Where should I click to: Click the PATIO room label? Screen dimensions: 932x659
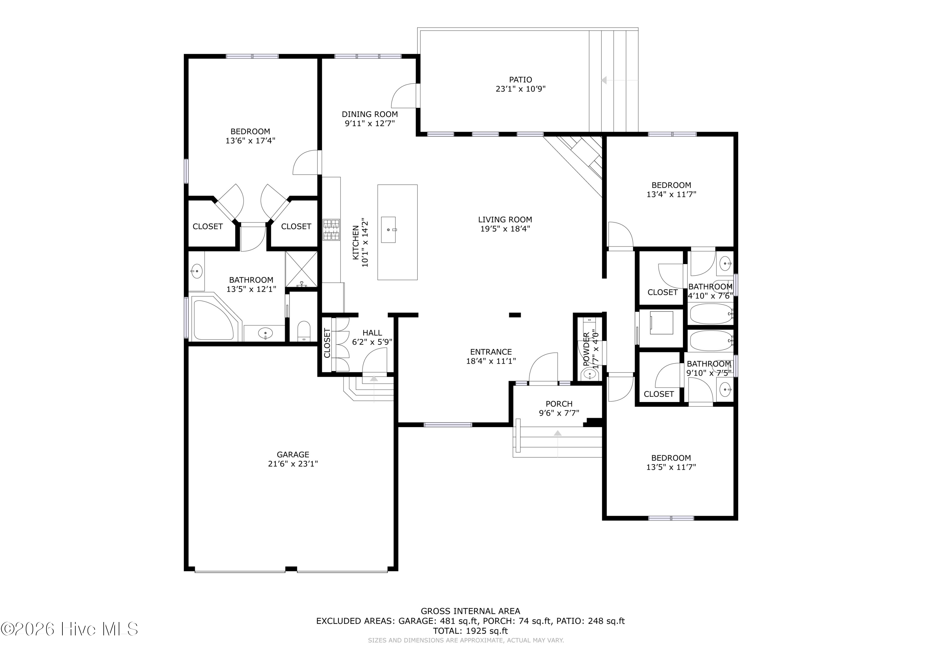(x=520, y=80)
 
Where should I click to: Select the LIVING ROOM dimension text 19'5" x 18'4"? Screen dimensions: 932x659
(x=505, y=229)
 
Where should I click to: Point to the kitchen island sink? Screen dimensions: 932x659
(x=388, y=230)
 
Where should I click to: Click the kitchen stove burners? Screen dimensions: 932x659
(x=331, y=230)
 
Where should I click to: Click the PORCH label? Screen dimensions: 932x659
(x=559, y=404)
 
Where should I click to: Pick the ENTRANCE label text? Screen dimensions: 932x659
(x=491, y=352)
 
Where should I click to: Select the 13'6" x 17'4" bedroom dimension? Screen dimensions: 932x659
(x=250, y=140)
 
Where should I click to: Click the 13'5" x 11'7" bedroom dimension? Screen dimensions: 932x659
(x=671, y=467)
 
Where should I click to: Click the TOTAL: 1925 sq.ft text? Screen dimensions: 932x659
(x=470, y=631)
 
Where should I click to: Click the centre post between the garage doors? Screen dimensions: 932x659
(x=291, y=569)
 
